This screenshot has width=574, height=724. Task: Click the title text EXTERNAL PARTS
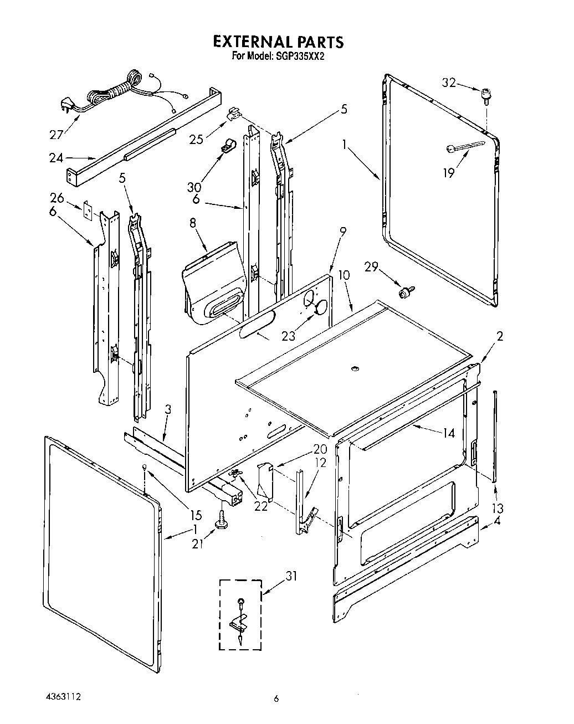click(x=278, y=42)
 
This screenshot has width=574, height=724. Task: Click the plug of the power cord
click(x=65, y=105)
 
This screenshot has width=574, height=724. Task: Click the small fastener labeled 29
click(x=408, y=291)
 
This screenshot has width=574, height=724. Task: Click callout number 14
click(x=448, y=433)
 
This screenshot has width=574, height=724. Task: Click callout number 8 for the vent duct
click(x=192, y=224)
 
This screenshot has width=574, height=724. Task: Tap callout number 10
click(x=344, y=274)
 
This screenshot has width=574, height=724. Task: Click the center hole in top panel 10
click(x=355, y=368)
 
